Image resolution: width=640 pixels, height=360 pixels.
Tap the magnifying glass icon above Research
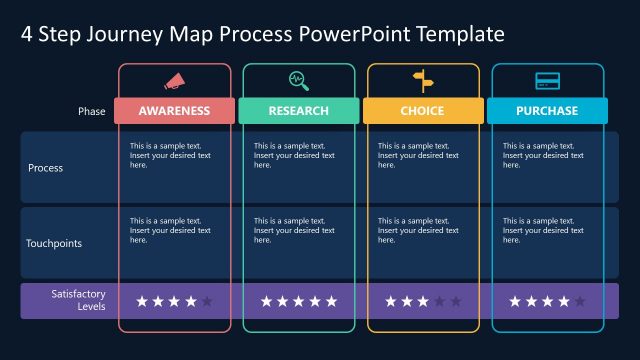click(x=298, y=81)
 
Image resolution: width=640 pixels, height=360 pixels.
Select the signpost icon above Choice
click(x=423, y=81)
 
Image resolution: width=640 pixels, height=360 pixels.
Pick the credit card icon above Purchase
click(x=547, y=81)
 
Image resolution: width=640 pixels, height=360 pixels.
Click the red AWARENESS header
click(x=174, y=111)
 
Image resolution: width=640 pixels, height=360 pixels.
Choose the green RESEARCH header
click(x=298, y=111)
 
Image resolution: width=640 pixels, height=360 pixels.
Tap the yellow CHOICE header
click(x=422, y=111)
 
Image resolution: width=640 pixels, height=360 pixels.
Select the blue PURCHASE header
click(x=547, y=111)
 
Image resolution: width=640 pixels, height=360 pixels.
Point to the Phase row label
click(x=91, y=111)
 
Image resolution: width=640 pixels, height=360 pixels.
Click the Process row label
click(x=45, y=168)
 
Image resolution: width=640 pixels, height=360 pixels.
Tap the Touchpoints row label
click(x=54, y=243)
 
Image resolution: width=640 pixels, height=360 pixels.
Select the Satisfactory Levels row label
click(x=78, y=300)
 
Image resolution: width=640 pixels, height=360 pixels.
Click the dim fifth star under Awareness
click(x=207, y=301)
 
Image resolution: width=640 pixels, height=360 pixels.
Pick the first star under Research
click(x=266, y=301)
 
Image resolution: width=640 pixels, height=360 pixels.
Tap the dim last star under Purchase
click(x=580, y=301)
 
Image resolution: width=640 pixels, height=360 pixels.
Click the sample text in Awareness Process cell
click(x=170, y=155)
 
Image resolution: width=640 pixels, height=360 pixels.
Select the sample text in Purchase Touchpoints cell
click(x=542, y=230)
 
